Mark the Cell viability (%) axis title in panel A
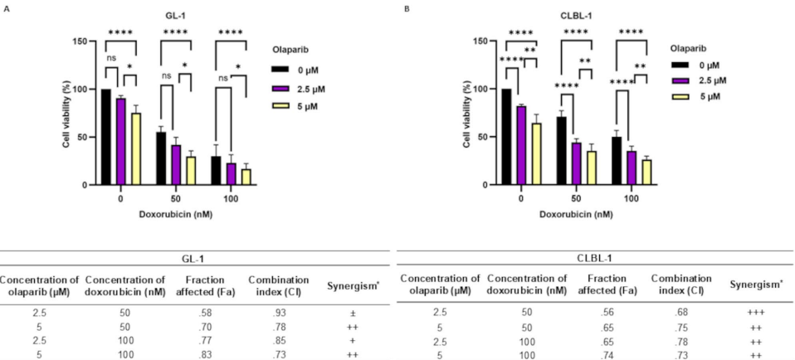pos(66,112)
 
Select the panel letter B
pos(406,8)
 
